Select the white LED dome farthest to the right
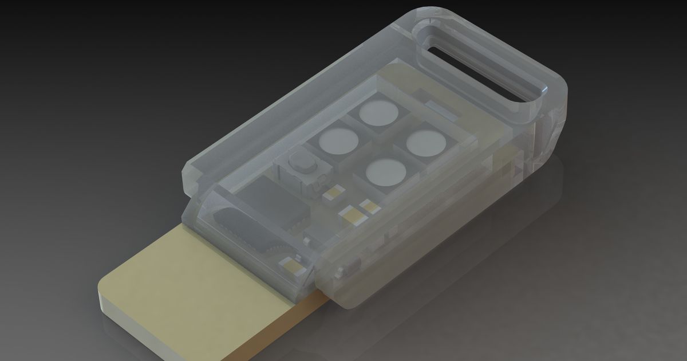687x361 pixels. [x=425, y=142]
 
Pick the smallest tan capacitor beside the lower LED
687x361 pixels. [x=370, y=206]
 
